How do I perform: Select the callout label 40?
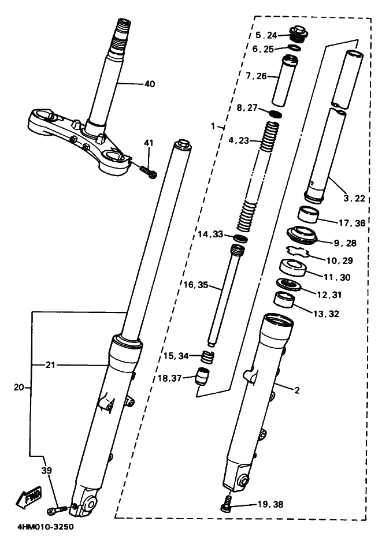(x=150, y=84)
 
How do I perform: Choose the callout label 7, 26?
(x=256, y=76)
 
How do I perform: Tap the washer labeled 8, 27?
(x=276, y=114)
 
